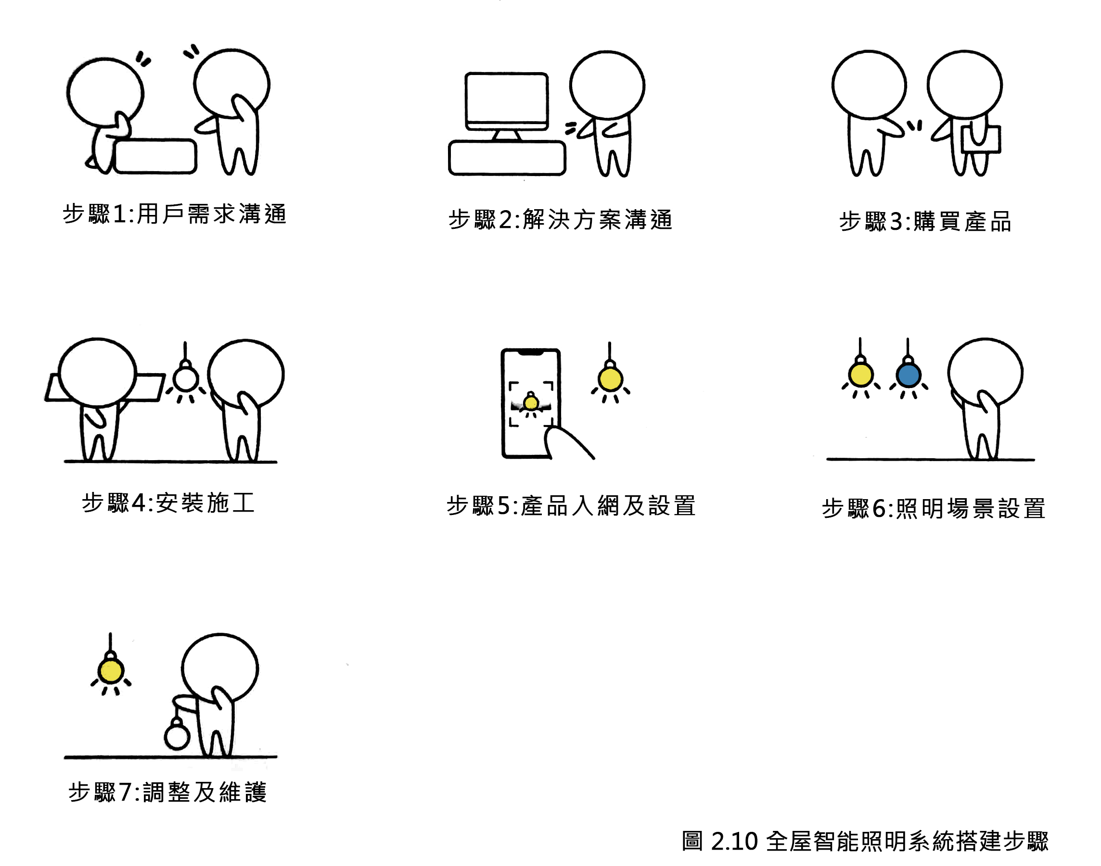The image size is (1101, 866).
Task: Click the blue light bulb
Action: tap(908, 376)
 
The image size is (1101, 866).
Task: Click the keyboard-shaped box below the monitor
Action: tap(507, 158)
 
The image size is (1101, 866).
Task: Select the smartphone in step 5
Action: tap(531, 403)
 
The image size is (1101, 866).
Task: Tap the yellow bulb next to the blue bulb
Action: tap(860, 375)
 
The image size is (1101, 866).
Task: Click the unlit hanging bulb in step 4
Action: tap(185, 379)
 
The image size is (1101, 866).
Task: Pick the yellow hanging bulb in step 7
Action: tap(111, 671)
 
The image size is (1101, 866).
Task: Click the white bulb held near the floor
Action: tap(177, 737)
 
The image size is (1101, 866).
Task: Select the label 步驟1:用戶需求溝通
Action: tap(175, 214)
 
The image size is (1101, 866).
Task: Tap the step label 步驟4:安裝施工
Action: tap(168, 503)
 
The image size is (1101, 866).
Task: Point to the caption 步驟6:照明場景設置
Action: tap(934, 508)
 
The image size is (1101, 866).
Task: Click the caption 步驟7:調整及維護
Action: tap(167, 792)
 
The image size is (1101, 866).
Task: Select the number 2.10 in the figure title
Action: tap(734, 841)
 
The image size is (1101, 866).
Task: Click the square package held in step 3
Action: tap(981, 139)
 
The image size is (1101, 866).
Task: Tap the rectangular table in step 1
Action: tap(155, 156)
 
